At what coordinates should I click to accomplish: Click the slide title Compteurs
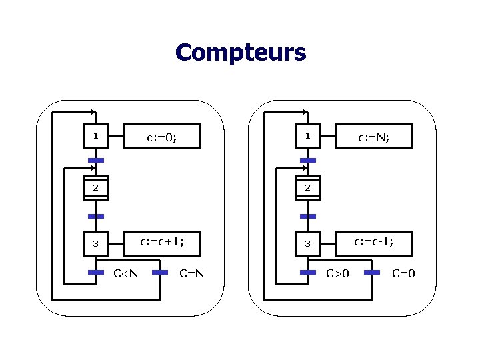241,52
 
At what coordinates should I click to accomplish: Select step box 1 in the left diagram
96,137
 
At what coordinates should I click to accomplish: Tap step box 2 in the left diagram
96,189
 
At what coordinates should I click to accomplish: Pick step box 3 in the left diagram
96,244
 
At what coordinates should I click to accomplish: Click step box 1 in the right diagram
307,137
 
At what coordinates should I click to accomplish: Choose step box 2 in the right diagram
307,189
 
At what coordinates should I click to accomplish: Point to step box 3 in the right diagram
307,244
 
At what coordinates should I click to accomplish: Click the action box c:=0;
162,138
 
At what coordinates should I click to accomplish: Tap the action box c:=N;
374,138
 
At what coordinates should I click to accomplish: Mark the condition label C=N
191,273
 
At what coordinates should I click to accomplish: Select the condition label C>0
337,273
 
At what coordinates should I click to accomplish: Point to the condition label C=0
403,273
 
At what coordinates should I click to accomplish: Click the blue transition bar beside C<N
96,272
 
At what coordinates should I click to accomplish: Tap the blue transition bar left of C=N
160,272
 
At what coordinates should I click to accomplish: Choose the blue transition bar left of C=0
372,272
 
